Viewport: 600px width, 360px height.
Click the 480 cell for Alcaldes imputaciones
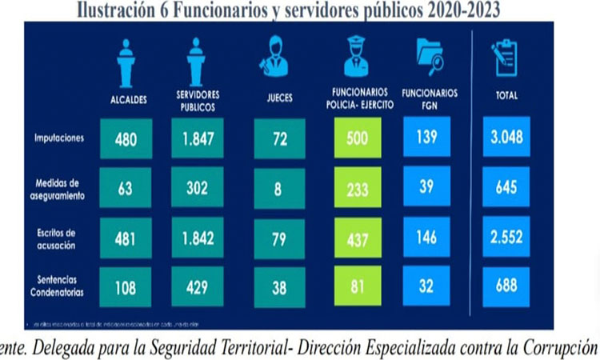[x=126, y=138]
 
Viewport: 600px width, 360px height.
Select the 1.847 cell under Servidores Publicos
[x=194, y=138]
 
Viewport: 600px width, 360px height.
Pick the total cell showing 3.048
[x=506, y=138]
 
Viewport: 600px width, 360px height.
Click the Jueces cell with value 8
[x=278, y=189]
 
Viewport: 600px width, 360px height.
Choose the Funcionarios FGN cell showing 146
[x=426, y=238]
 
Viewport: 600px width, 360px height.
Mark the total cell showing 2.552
[x=506, y=238]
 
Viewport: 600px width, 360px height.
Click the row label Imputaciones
[x=60, y=138]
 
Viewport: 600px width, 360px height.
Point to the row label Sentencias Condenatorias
[x=58, y=286]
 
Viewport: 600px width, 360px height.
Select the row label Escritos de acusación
[x=58, y=238]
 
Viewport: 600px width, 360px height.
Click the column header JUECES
[x=278, y=98]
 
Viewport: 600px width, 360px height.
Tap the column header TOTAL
[x=506, y=95]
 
